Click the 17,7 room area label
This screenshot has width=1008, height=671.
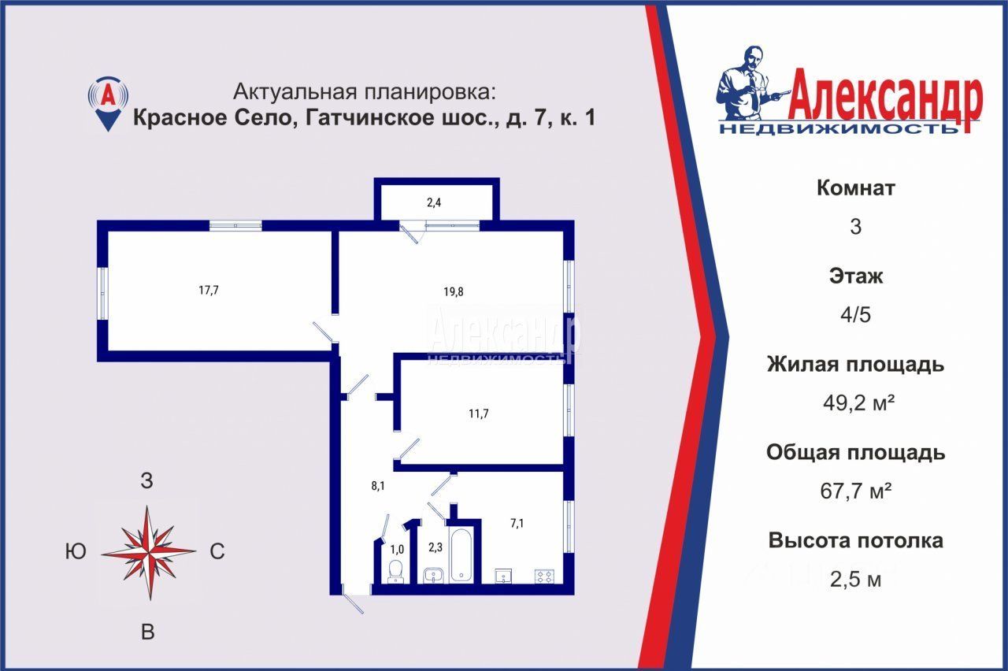pyautogui.click(x=209, y=291)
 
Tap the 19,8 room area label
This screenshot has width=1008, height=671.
pyautogui.click(x=453, y=291)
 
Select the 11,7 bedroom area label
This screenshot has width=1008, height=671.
pyautogui.click(x=478, y=413)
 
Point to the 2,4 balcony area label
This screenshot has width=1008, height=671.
pyautogui.click(x=434, y=202)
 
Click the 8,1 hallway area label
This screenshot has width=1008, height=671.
pyautogui.click(x=377, y=486)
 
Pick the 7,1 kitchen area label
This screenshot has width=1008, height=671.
pyautogui.click(x=517, y=524)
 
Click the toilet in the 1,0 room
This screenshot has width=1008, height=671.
pyautogui.click(x=396, y=572)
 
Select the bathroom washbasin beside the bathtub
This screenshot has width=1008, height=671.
pyautogui.click(x=434, y=575)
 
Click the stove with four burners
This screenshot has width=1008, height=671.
pyautogui.click(x=544, y=576)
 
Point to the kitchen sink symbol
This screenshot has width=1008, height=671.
pyautogui.click(x=503, y=576)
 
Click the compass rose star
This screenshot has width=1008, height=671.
pyautogui.click(x=149, y=552)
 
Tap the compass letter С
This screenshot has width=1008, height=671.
pyautogui.click(x=217, y=551)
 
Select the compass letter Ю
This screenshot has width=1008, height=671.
pyautogui.click(x=76, y=551)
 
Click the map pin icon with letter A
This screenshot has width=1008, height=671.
pyautogui.click(x=108, y=103)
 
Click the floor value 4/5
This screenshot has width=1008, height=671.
pyautogui.click(x=855, y=314)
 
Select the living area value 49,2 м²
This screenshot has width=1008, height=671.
pyautogui.click(x=858, y=402)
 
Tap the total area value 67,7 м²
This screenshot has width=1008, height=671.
pyautogui.click(x=856, y=491)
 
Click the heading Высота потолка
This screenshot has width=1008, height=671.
pyautogui.click(x=856, y=540)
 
